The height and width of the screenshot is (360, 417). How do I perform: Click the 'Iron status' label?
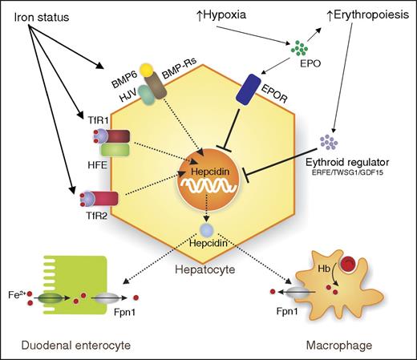[39, 15]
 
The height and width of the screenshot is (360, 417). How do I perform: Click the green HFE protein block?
[108, 152]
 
